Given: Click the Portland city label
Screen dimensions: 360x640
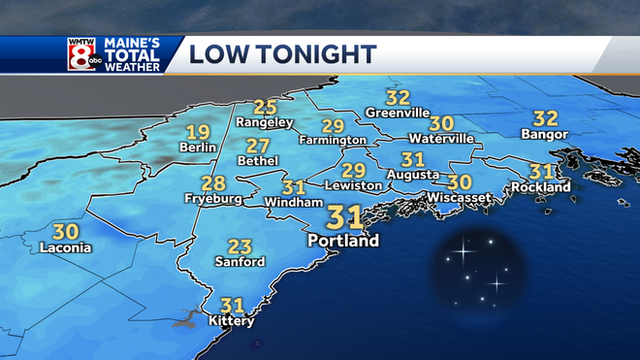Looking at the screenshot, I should [342, 240].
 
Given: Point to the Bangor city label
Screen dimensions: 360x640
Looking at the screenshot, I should [546, 134].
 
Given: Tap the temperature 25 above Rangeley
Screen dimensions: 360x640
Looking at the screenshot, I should [265, 107].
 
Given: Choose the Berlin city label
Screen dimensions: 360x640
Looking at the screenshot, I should [198, 147].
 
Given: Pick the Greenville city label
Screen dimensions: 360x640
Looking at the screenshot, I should [398, 113].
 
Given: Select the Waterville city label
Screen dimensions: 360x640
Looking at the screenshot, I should [442, 139].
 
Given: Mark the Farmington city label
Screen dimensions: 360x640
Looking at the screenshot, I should [333, 141].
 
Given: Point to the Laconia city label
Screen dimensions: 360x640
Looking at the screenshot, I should [65, 247].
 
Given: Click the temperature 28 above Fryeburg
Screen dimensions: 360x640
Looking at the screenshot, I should [213, 183].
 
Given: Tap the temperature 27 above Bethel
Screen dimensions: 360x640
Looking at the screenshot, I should [258, 146].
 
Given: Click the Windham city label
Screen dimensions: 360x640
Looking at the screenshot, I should [293, 202].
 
